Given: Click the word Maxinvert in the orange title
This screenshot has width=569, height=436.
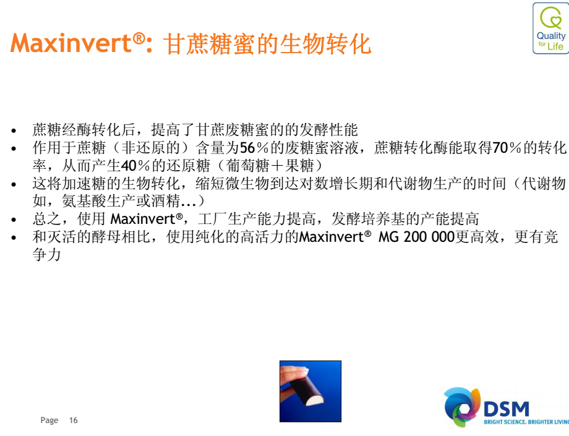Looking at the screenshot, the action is tap(71, 43).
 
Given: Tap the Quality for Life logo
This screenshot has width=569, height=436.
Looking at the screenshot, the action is tap(551, 28).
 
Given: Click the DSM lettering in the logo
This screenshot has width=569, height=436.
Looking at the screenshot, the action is tap(506, 409).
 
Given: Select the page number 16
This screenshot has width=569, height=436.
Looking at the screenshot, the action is tap(74, 420).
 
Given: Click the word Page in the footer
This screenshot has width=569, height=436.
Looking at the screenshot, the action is tap(49, 421).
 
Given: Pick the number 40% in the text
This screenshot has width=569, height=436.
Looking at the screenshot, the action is tap(135, 166).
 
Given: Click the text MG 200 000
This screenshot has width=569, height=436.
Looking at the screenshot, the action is tap(416, 237).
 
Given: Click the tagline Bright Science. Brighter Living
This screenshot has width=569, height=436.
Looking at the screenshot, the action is tap(526, 422).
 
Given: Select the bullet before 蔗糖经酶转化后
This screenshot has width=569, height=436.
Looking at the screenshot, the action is tap(14, 130).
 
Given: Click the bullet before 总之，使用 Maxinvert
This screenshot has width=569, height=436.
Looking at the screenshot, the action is tap(14, 220).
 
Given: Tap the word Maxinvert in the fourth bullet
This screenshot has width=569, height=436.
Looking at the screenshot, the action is tap(143, 219).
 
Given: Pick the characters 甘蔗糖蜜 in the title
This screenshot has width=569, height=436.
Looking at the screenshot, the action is tap(209, 44).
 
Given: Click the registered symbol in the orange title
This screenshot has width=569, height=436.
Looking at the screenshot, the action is tap(139, 38).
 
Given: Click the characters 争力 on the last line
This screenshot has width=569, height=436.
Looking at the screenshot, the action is tap(46, 254).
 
